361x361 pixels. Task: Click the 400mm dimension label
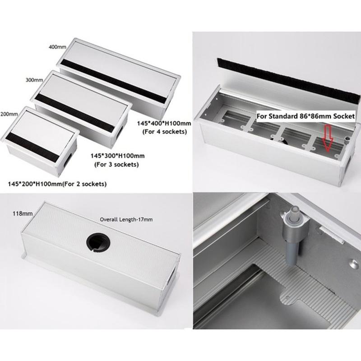coord(57,47)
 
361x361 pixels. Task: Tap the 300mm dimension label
coord(34,80)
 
